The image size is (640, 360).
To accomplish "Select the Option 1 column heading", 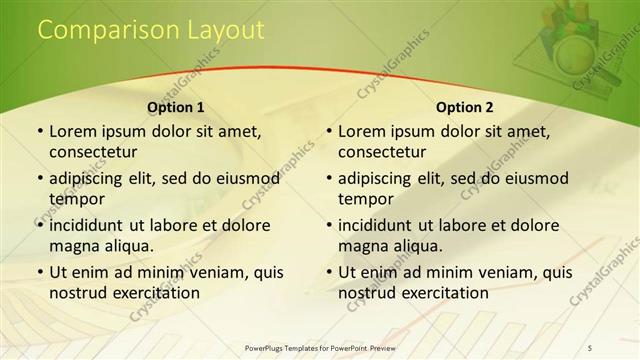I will click(176, 107).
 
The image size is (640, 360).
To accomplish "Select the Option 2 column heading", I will click(465, 107).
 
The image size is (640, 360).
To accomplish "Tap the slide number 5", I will click(591, 346).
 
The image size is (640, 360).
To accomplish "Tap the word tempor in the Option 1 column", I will click(73, 199).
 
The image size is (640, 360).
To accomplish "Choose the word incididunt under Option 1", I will click(92, 225).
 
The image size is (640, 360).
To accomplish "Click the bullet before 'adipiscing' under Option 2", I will click(328, 179).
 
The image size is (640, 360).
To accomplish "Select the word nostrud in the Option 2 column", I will click(367, 293).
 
